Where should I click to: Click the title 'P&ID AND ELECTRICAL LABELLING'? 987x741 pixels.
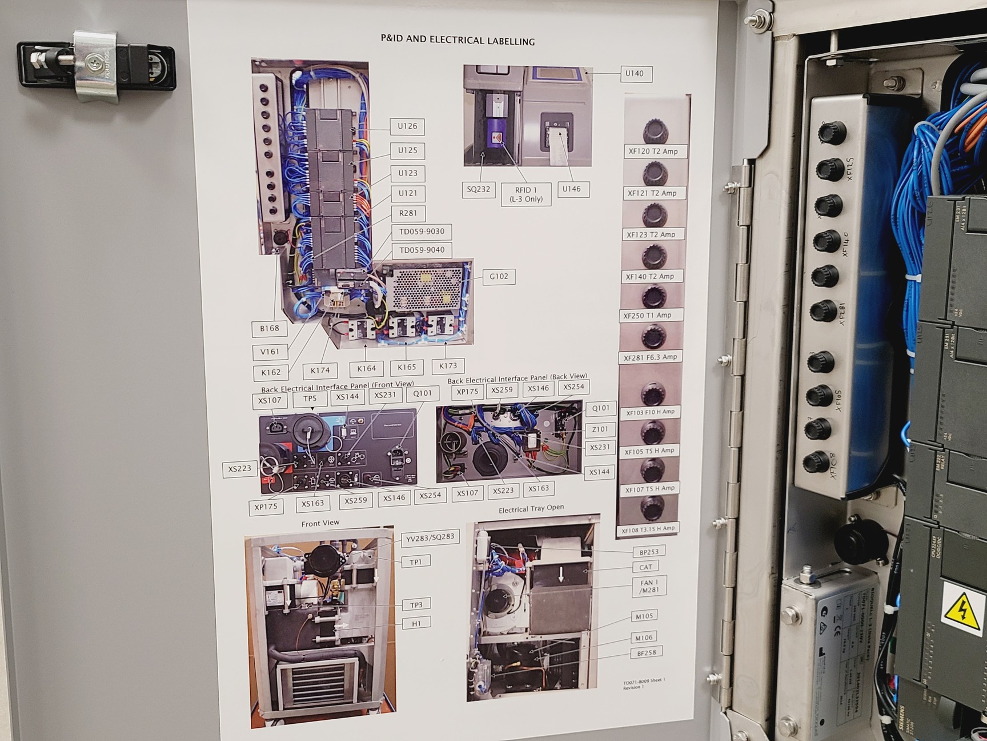(x=458, y=41)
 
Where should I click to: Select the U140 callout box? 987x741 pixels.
(x=635, y=74)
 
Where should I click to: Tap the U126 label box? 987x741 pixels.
(x=407, y=126)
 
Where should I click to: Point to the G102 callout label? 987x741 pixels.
(x=499, y=277)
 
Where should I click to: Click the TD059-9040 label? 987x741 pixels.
(x=422, y=250)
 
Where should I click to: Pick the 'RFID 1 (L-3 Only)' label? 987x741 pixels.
(x=525, y=194)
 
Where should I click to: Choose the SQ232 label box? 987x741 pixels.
(x=478, y=189)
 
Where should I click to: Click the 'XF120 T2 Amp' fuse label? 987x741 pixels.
(x=653, y=152)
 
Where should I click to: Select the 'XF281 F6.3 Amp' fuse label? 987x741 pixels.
(x=650, y=357)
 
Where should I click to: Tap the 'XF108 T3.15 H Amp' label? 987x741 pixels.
(x=648, y=529)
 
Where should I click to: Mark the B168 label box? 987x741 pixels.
(x=270, y=328)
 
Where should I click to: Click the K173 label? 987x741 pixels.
(x=448, y=365)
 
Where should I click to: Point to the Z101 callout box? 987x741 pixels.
(x=600, y=429)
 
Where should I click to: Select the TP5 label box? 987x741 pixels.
(x=310, y=399)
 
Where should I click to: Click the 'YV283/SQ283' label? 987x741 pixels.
(x=430, y=538)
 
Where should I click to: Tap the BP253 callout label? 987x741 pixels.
(x=645, y=552)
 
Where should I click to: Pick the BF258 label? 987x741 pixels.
(x=646, y=652)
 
